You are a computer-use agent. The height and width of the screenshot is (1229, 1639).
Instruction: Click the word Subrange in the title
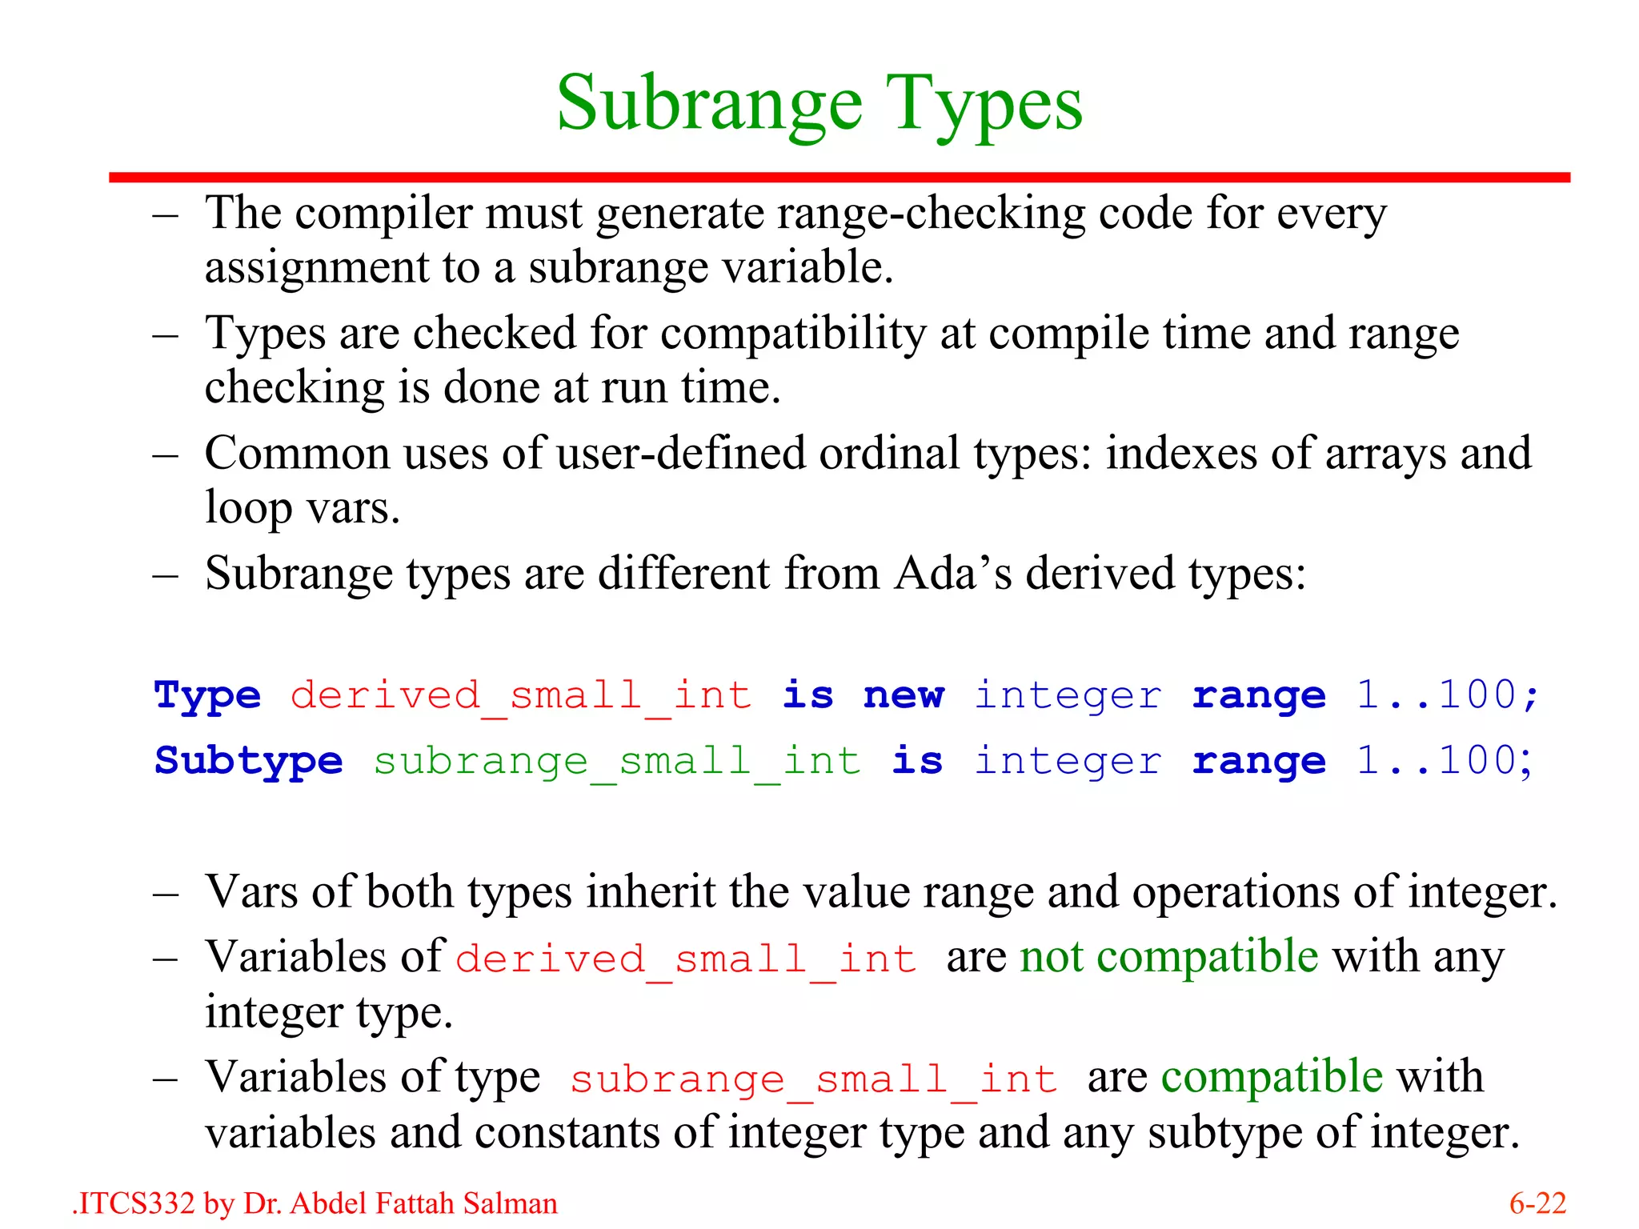(x=709, y=104)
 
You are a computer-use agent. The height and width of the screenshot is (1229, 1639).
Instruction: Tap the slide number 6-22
(x=1537, y=1203)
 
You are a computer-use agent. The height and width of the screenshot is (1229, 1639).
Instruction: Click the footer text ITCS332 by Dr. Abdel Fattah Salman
(x=315, y=1203)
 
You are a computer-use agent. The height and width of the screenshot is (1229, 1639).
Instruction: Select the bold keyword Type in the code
(x=207, y=695)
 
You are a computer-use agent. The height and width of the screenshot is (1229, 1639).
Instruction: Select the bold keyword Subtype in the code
(x=248, y=760)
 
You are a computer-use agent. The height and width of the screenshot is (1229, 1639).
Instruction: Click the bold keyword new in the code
(x=904, y=695)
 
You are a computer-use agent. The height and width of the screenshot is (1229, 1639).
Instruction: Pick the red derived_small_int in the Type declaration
(x=521, y=695)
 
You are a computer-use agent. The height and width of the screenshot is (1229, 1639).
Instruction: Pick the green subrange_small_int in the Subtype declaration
(x=617, y=760)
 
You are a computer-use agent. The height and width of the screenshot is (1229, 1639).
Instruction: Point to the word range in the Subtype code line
(x=1259, y=760)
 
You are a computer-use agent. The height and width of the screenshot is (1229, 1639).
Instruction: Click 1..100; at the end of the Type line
(x=1448, y=695)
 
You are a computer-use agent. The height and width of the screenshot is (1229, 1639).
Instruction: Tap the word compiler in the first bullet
(x=383, y=214)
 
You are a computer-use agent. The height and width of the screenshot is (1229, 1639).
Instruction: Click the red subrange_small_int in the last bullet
(x=813, y=1079)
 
